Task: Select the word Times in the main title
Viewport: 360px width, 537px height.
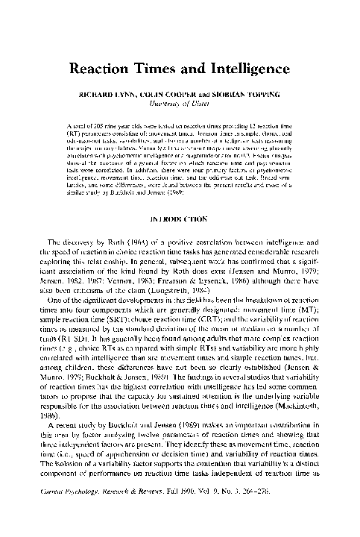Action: pos(162,69)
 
